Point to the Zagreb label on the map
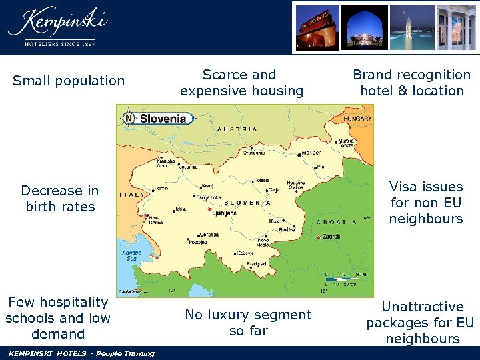coord(332,237)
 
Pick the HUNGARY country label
coord(357,118)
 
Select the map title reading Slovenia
coord(163,119)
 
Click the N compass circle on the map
coord(129,119)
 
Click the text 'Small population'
coord(69,81)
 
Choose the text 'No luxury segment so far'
coord(248,323)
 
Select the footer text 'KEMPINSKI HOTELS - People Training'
coord(81,353)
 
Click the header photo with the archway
coord(365,26)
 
